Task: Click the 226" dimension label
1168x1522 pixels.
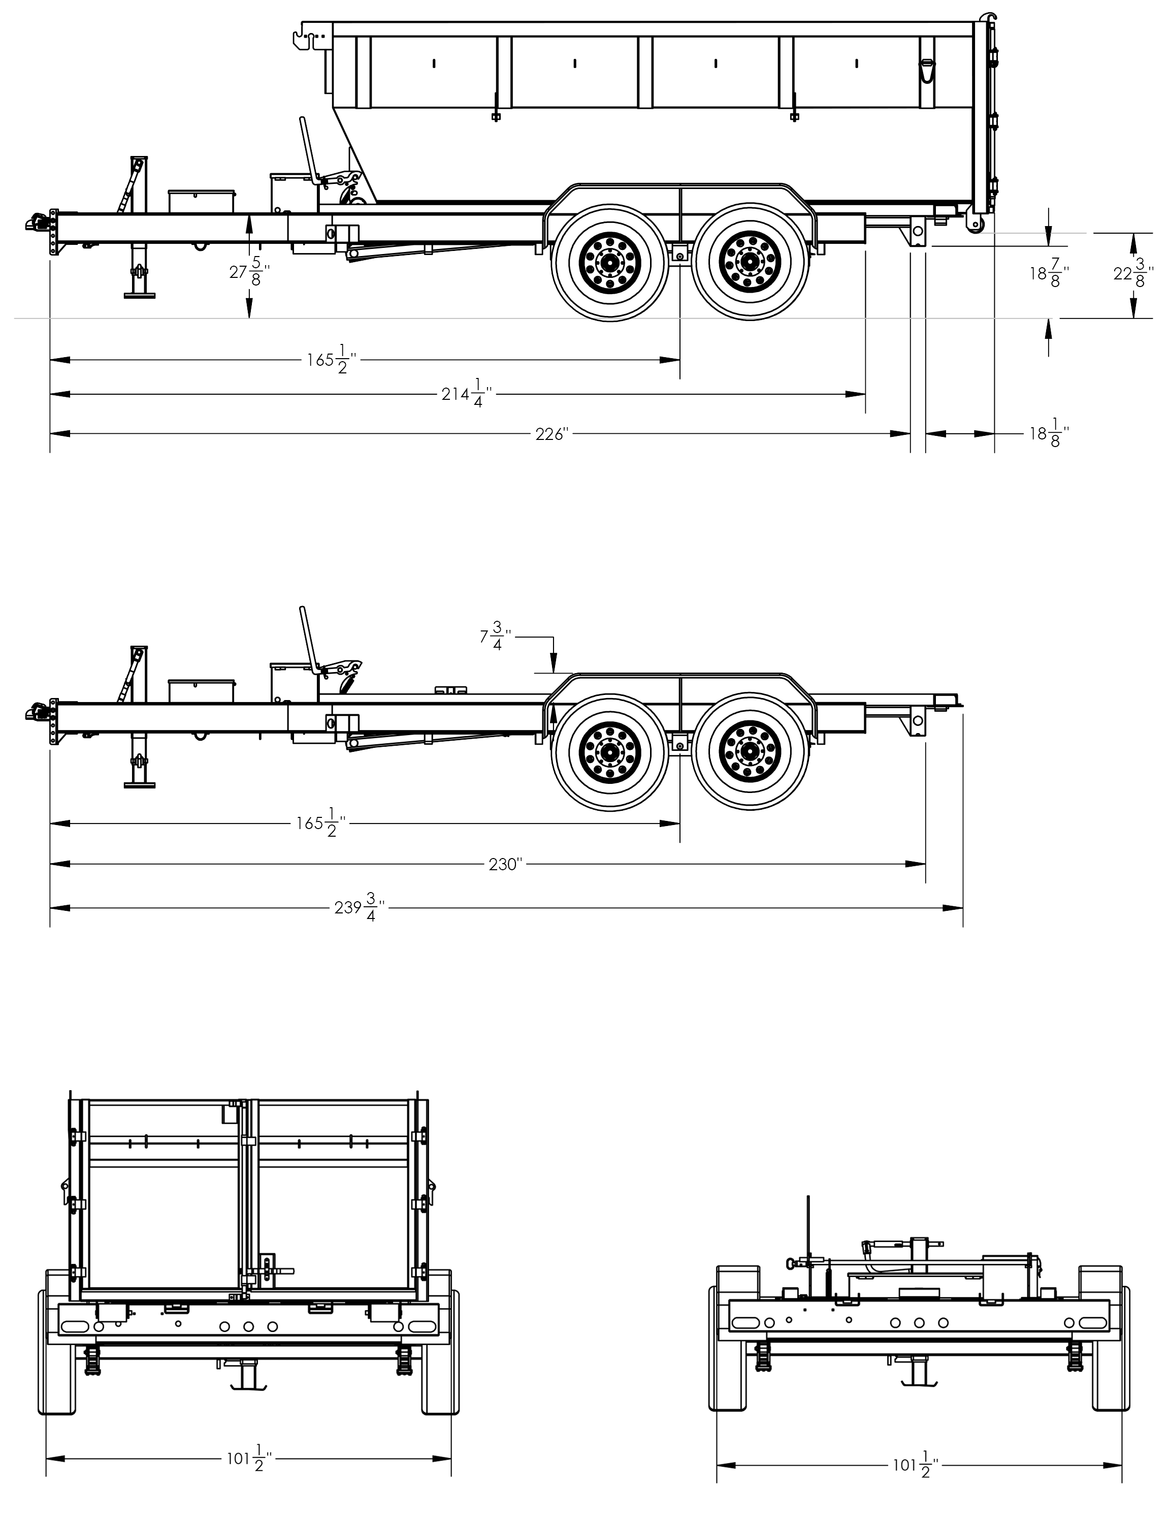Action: tap(552, 434)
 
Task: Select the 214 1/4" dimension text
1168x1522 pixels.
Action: tap(467, 395)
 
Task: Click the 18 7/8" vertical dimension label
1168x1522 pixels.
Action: tap(1049, 274)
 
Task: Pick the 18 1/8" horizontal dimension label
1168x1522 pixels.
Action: tap(1049, 434)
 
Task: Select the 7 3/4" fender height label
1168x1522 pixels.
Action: tap(496, 636)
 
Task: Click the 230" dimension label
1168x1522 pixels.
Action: tap(505, 864)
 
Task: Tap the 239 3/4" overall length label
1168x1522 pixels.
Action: tap(360, 907)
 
